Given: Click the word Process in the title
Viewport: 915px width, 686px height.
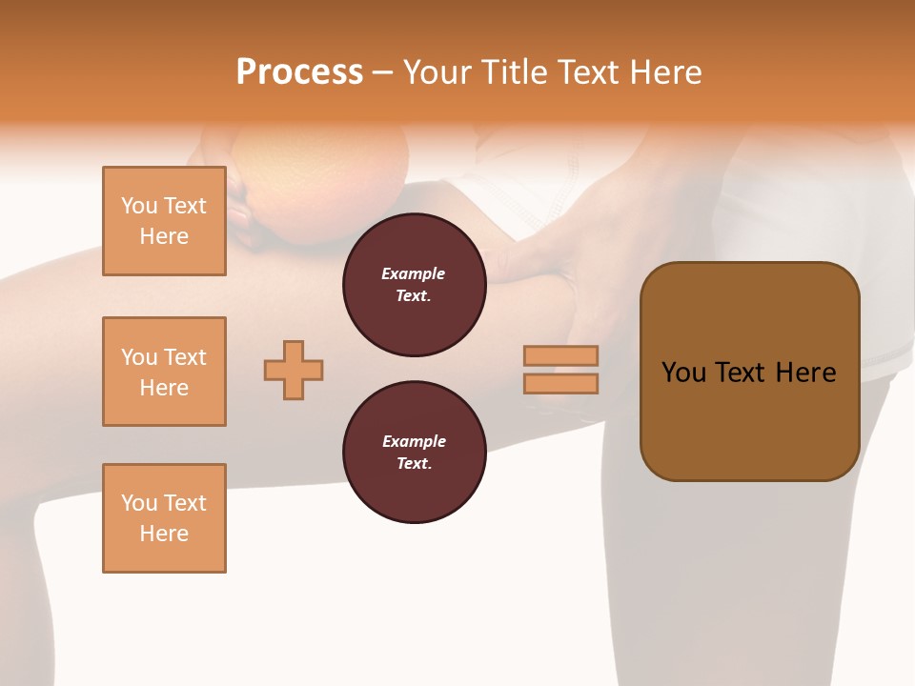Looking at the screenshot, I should (299, 72).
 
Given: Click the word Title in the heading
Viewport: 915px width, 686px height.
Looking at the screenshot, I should (512, 72).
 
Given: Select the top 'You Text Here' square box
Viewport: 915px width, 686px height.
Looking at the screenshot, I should (164, 221).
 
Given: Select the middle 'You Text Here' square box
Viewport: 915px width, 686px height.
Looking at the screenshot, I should (164, 372).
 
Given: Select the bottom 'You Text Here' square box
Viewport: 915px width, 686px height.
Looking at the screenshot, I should (164, 517).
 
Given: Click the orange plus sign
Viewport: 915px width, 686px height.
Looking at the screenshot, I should (294, 370).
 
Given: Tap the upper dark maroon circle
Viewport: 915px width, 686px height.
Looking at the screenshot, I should (414, 284).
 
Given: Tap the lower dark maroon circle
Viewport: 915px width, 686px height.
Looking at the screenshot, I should (414, 453).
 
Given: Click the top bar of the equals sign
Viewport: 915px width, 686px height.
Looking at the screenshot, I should (560, 355).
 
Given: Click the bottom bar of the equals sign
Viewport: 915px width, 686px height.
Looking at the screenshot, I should (560, 383).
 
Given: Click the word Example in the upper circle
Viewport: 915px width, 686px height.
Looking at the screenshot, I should (414, 273).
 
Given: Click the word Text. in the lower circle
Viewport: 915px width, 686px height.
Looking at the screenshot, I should (414, 464).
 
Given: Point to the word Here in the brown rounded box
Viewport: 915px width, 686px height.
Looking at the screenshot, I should (805, 373).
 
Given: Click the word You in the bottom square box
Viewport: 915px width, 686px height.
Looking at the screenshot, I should (138, 503).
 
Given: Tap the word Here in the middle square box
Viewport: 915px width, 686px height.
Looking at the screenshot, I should (164, 388).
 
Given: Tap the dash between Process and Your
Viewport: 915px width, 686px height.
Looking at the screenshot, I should (382, 72).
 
